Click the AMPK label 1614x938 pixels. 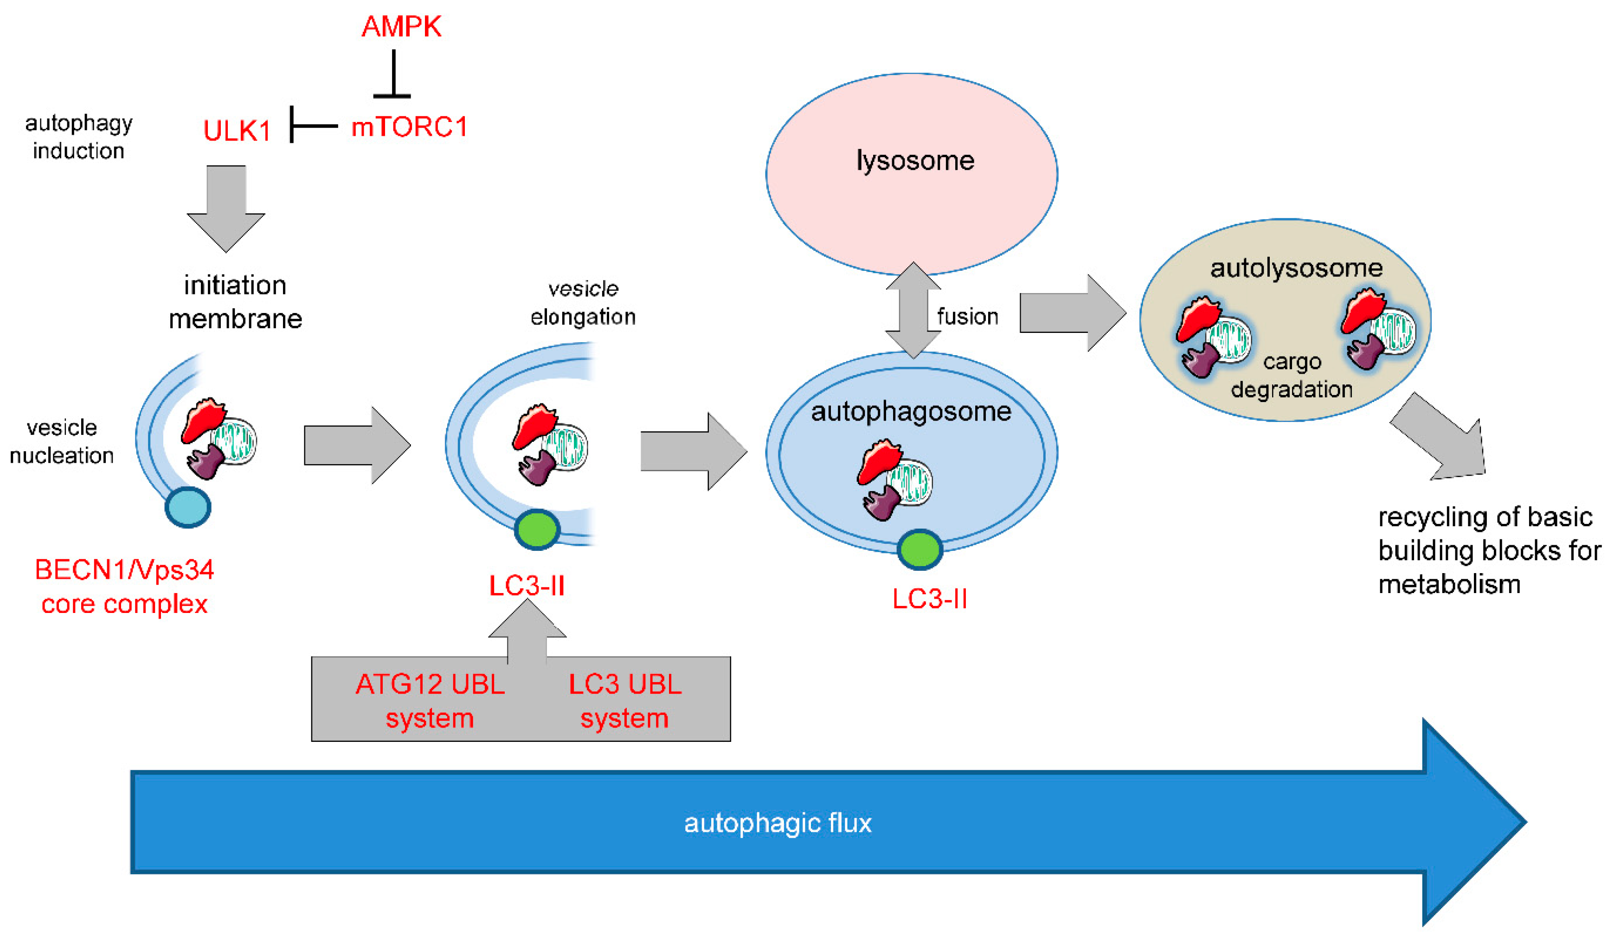(402, 27)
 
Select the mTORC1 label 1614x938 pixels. (409, 127)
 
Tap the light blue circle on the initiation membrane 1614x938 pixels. (188, 507)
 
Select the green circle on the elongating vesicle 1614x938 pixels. (537, 530)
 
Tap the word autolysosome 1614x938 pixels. (1296, 268)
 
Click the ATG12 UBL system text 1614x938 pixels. (430, 701)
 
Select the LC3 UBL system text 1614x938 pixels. (625, 701)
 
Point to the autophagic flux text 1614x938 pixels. (778, 823)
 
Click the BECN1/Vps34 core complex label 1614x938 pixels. (124, 587)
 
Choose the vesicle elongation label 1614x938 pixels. (583, 303)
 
